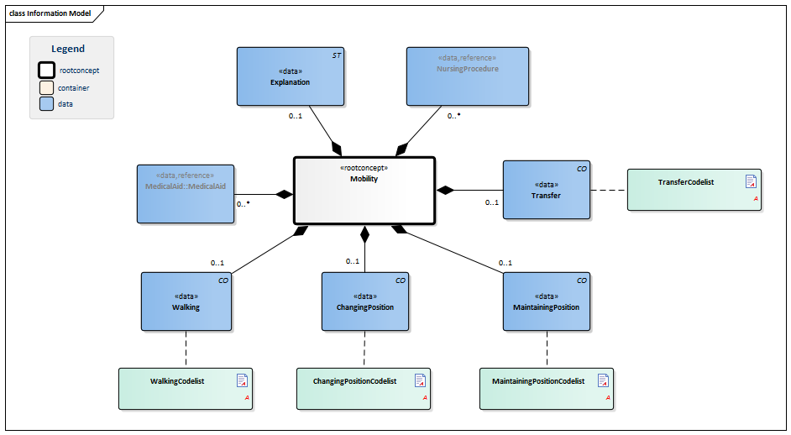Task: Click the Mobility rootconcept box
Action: point(364,191)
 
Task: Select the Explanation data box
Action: point(290,76)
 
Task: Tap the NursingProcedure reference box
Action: point(467,76)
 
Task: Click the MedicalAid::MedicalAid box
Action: point(185,194)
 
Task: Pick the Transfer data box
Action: point(546,190)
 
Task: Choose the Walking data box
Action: point(186,301)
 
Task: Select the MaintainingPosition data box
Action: point(546,301)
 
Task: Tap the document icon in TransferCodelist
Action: point(752,181)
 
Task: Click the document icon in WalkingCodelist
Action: point(242,380)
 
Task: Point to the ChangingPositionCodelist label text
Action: point(354,381)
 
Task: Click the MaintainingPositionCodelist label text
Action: point(537,381)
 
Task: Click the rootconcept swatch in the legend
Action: point(47,71)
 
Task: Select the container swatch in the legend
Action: point(47,87)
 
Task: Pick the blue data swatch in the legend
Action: point(47,104)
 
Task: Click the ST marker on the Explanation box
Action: point(336,55)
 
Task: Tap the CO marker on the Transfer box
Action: point(581,169)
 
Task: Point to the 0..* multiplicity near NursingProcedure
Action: point(453,116)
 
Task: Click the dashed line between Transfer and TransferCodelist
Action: point(609,190)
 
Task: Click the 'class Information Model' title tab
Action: point(50,13)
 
